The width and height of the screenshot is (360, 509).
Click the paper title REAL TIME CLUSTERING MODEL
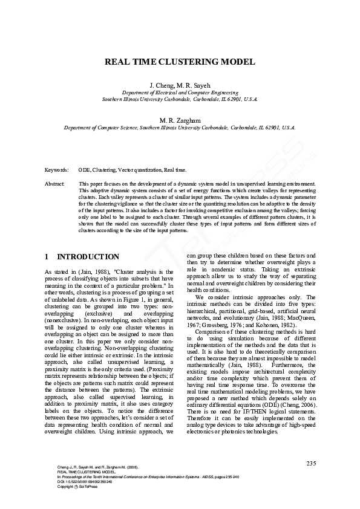pos(180,62)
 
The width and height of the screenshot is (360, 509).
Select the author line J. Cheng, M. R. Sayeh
pos(180,86)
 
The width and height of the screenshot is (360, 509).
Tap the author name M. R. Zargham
pos(180,121)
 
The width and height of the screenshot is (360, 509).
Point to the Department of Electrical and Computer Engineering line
pos(180,92)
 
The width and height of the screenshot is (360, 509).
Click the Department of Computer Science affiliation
pos(180,128)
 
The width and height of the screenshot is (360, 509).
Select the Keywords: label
pos(57,170)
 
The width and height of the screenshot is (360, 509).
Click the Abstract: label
pos(55,183)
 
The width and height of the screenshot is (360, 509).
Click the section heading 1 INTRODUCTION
pos(82,256)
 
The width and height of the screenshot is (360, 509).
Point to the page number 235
pos(311,463)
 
